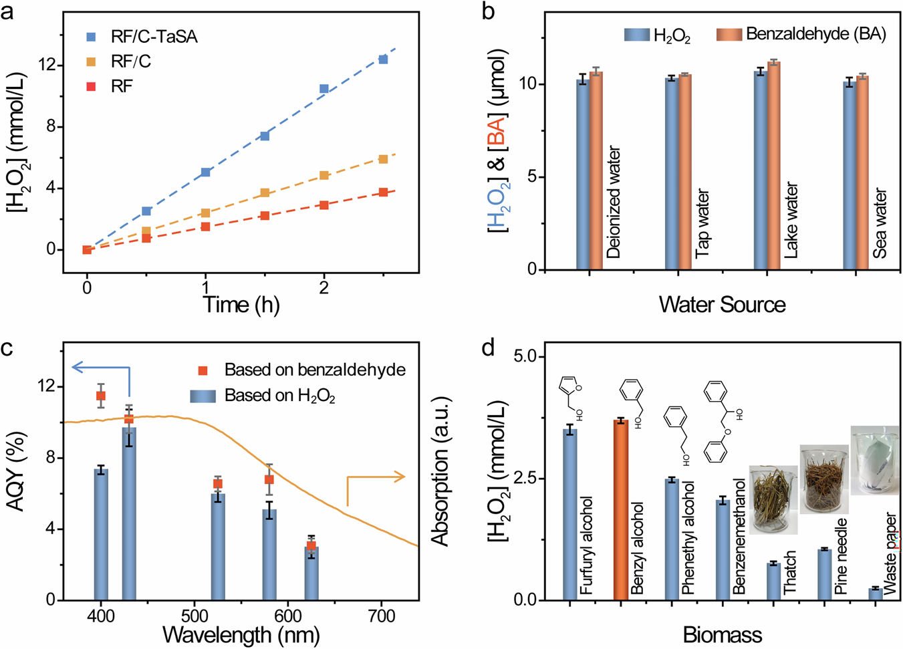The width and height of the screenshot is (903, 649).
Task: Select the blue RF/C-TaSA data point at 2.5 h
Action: (383, 59)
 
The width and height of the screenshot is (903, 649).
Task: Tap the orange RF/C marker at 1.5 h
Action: (265, 192)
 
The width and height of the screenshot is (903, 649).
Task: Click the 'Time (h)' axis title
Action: (241, 305)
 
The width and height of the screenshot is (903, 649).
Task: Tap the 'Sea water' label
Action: (880, 223)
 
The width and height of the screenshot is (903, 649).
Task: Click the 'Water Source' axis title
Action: (722, 305)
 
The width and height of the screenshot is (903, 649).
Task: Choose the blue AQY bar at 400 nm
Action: (101, 534)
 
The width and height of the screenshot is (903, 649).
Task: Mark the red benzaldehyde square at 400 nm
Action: (101, 396)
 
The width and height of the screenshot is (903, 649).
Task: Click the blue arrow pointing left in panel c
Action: (100, 367)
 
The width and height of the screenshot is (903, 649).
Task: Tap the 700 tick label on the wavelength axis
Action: (382, 616)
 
